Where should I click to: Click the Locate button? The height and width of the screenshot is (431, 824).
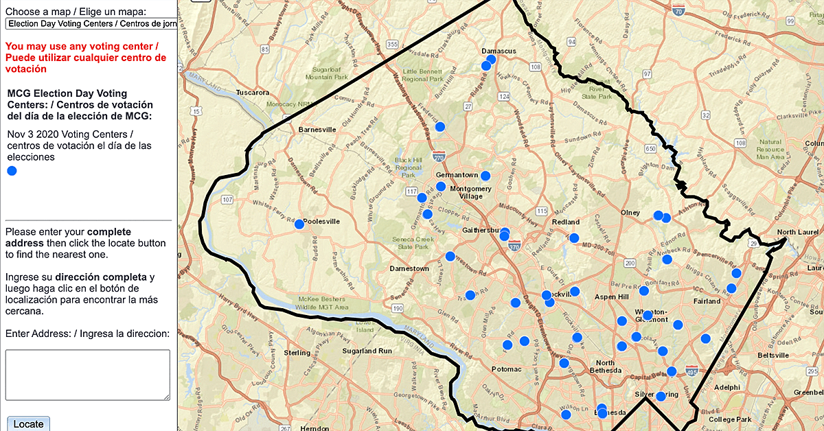(28, 423)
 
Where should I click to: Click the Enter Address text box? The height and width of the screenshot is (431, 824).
(87, 375)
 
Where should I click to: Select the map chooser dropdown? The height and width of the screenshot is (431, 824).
(91, 23)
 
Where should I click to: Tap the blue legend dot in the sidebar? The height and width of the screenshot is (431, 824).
(12, 171)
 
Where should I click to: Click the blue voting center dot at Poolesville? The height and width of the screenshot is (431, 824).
(299, 224)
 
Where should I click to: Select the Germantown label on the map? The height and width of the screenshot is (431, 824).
(457, 175)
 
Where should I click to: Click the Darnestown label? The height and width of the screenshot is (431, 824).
(409, 268)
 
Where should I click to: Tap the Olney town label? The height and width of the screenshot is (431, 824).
(630, 213)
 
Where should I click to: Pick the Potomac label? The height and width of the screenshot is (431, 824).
(507, 369)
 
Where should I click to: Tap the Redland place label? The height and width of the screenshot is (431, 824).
(566, 222)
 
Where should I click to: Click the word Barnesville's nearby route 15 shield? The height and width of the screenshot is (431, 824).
(198, 110)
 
